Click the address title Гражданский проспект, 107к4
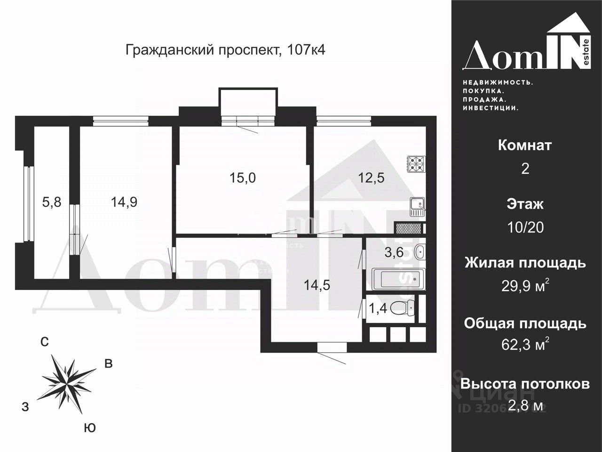point(225,50)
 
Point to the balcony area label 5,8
point(51,202)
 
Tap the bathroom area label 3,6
point(394,252)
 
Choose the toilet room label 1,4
point(378,308)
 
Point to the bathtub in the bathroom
point(398,279)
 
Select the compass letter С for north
point(44,342)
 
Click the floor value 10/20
point(525,227)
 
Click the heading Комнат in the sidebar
point(525,145)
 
